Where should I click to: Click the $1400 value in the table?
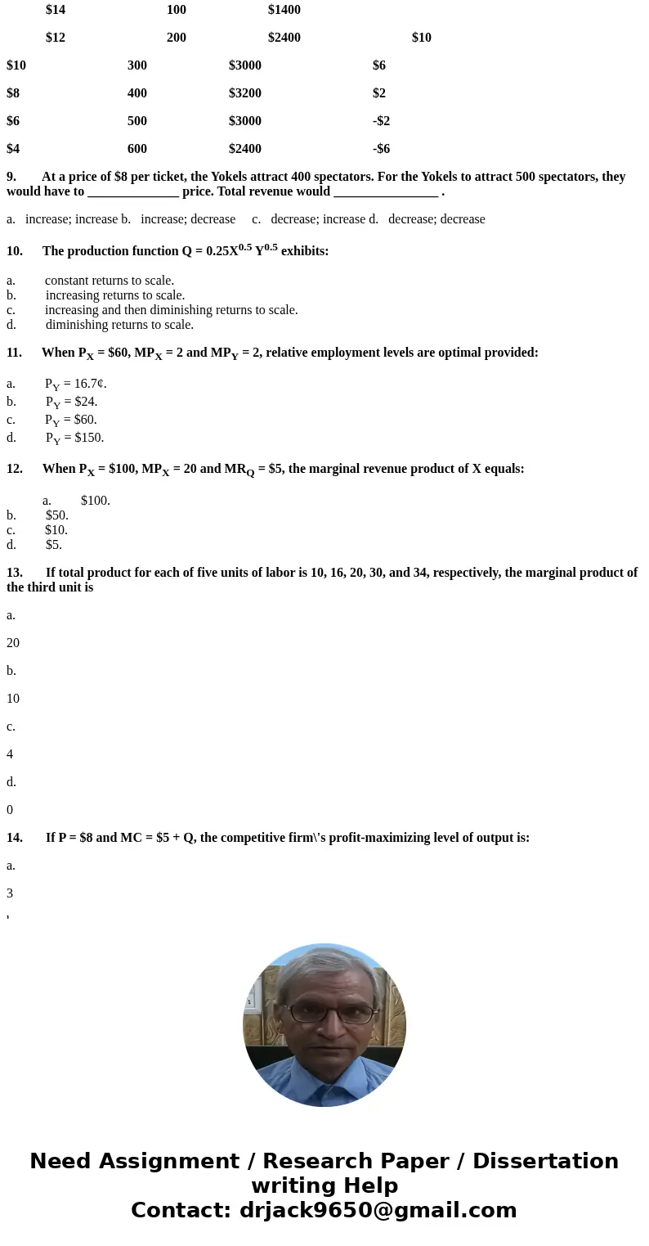[x=284, y=10]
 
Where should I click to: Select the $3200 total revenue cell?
[x=244, y=93]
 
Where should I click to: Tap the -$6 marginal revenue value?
[x=381, y=149]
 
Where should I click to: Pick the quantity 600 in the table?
[x=137, y=149]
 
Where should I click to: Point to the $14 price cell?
[x=56, y=10]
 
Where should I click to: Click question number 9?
[x=11, y=177]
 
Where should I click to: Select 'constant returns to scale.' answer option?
[x=109, y=281]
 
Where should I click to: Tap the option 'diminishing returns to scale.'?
[x=119, y=325]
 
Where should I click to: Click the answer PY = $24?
[x=71, y=402]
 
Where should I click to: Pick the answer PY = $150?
[x=74, y=438]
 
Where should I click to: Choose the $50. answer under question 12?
[x=57, y=515]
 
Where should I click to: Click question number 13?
[x=14, y=573]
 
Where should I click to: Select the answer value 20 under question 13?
[x=13, y=643]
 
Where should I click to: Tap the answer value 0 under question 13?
[x=10, y=810]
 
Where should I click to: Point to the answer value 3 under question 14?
[x=10, y=893]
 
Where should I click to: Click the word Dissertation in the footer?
[x=545, y=1162]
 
